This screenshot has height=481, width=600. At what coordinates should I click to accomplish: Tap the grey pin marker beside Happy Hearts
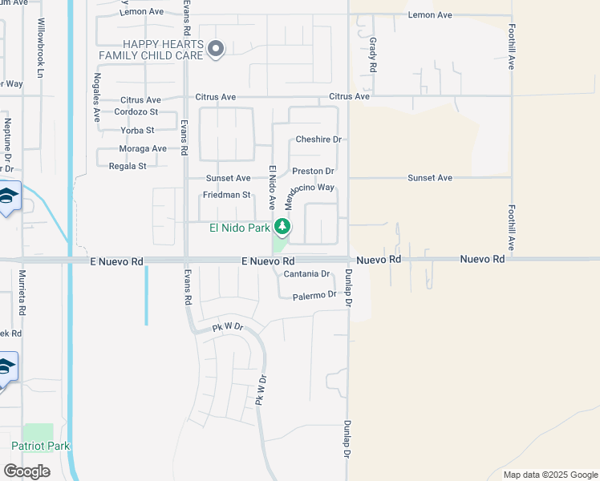[x=216, y=50]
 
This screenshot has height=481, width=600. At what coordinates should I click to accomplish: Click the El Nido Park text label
[x=240, y=228]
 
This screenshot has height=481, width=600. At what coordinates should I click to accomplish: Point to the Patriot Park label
[x=41, y=446]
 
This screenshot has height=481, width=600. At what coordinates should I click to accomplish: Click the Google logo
[x=26, y=471]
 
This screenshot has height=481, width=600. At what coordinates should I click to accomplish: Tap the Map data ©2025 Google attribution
[x=549, y=475]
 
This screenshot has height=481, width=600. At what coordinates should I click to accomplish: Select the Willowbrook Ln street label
[x=39, y=50]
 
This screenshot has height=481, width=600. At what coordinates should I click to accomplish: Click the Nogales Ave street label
[x=97, y=96]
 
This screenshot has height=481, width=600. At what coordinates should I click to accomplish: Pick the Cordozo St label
[x=136, y=112]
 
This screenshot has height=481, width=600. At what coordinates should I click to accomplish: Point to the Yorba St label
[x=137, y=130]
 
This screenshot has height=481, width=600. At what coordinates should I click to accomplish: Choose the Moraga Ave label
[x=143, y=148]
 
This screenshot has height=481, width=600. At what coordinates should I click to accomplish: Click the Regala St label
[x=128, y=166]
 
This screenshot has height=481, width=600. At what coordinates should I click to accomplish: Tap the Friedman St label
[x=227, y=195]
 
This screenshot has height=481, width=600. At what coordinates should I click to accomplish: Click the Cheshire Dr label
[x=318, y=139]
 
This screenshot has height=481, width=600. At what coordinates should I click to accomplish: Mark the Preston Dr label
[x=313, y=171]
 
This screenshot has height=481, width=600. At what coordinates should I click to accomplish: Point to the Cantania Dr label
[x=307, y=274]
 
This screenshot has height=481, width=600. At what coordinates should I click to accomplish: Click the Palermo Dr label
[x=314, y=295]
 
